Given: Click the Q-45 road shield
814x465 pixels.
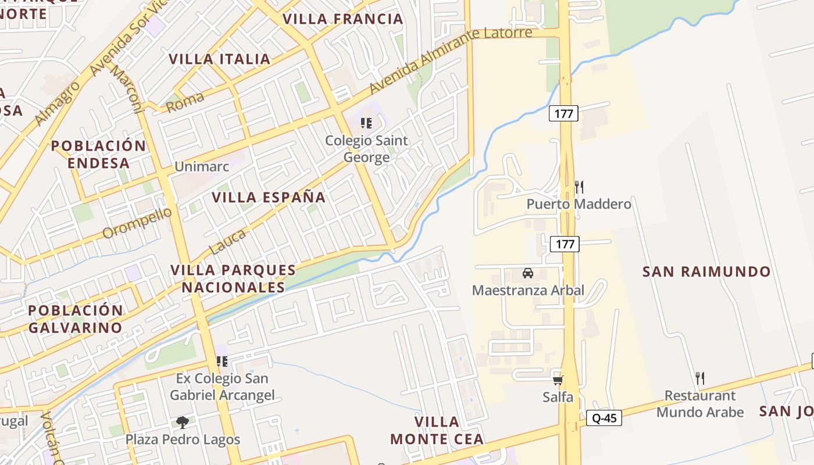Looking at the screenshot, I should click(x=604, y=418).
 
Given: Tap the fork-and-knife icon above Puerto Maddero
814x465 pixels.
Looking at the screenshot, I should click(x=579, y=187).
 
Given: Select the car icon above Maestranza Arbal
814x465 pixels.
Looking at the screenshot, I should click(x=528, y=273).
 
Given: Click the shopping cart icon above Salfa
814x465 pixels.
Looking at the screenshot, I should click(x=558, y=380).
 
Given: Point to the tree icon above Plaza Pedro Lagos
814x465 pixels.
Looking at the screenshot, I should click(x=183, y=422).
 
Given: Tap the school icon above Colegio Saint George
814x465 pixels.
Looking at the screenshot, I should click(x=366, y=123).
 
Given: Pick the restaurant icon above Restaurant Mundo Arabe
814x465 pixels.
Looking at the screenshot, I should click(x=700, y=378).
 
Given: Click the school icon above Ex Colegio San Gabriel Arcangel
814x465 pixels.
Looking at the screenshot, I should click(x=222, y=362).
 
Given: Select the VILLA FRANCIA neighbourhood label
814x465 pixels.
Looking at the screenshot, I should click(x=342, y=19).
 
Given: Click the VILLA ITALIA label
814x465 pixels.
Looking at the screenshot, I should click(x=220, y=59).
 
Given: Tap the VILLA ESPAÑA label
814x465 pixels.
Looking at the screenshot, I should click(x=269, y=197).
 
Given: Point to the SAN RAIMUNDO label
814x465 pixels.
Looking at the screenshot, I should click(x=706, y=271).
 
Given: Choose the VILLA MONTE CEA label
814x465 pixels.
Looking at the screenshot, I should click(x=437, y=430).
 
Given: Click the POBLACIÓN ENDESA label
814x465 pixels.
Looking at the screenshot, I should click(x=98, y=154).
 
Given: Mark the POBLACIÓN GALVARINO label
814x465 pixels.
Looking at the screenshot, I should click(x=76, y=319).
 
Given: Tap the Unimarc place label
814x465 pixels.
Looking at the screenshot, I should click(x=202, y=167).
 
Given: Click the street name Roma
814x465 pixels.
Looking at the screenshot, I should click(x=185, y=103).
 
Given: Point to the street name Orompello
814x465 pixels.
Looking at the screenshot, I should click(x=138, y=223).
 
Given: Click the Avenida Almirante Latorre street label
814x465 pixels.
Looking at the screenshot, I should click(x=451, y=59).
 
